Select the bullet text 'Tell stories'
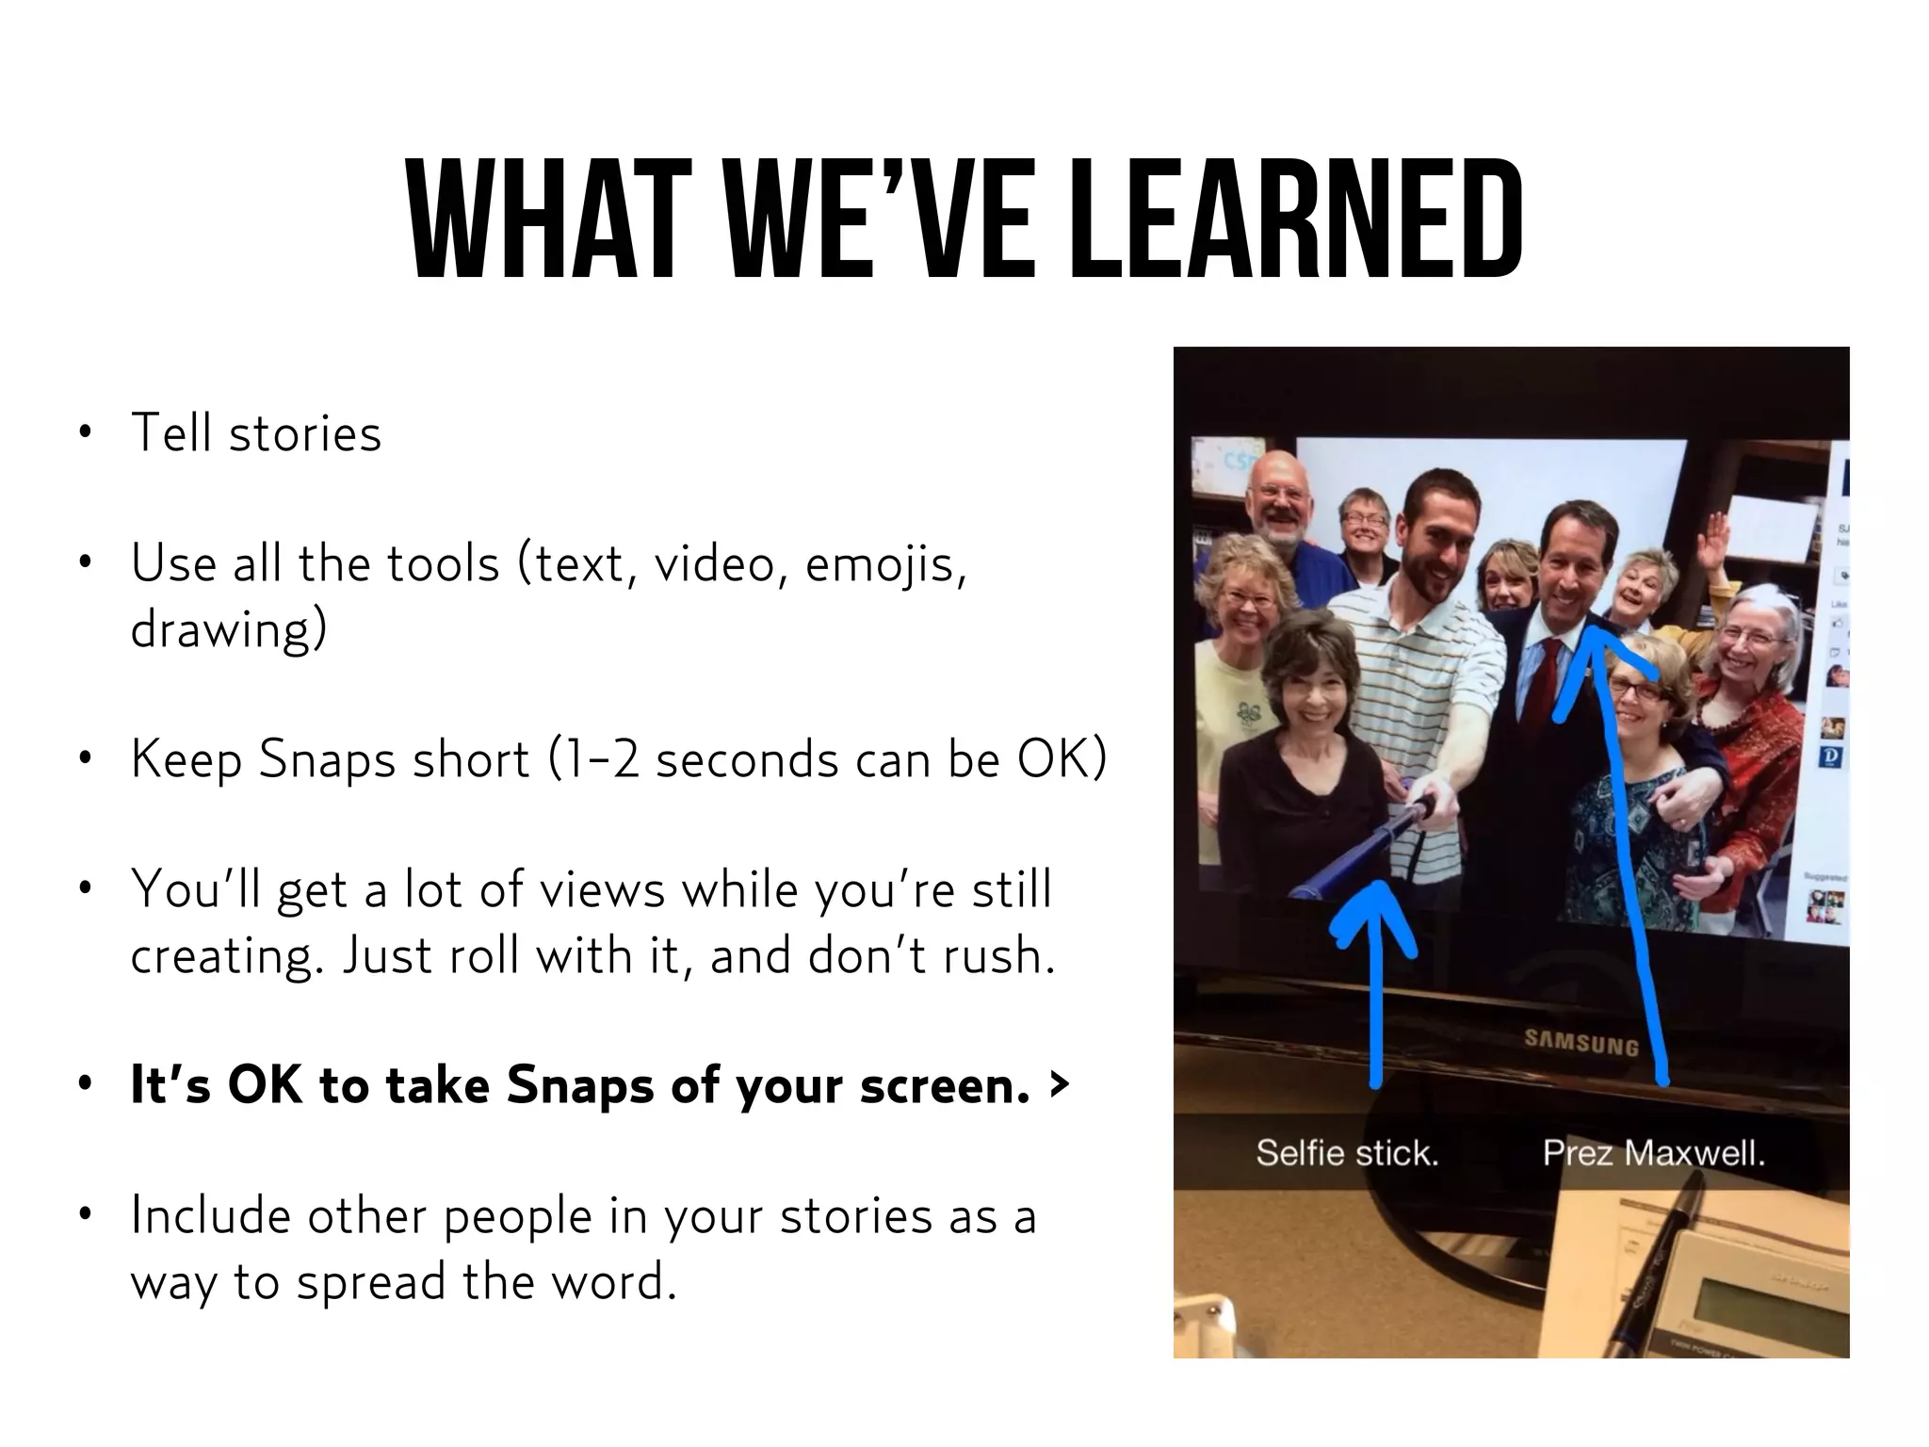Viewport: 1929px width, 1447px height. point(255,433)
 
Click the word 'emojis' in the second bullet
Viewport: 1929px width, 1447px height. point(885,565)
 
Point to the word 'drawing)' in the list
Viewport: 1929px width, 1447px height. point(228,629)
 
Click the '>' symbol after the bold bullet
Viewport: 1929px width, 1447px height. point(1060,1085)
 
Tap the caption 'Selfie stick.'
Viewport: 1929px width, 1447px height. point(1347,1152)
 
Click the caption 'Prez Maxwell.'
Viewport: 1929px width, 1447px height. point(1653,1152)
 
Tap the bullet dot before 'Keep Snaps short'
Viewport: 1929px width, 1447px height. point(86,758)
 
